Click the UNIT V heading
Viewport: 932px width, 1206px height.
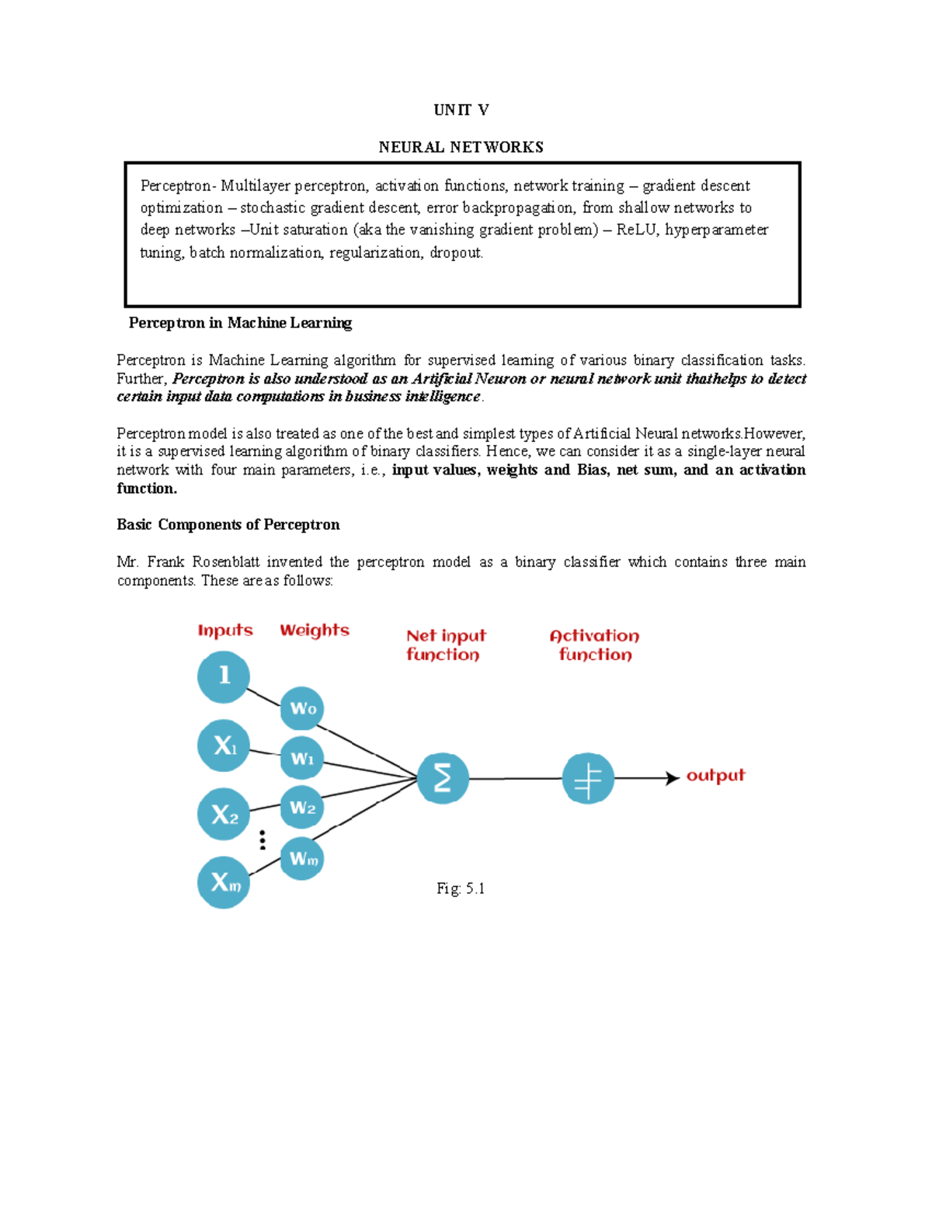click(x=461, y=110)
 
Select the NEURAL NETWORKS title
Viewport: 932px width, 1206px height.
click(x=461, y=148)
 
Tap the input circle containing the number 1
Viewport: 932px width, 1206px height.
click(x=224, y=676)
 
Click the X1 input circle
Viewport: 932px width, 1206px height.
click(x=224, y=745)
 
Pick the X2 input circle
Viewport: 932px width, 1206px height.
click(x=224, y=814)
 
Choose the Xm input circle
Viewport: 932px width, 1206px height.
click(x=224, y=882)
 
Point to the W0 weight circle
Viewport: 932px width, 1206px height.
click(x=302, y=708)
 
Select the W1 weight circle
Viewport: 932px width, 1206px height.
click(x=302, y=758)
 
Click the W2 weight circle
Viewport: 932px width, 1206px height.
click(x=302, y=808)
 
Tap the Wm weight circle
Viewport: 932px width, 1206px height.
click(x=302, y=858)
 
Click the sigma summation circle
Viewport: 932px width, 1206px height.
click(x=443, y=778)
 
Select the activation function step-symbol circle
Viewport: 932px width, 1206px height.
click(x=588, y=778)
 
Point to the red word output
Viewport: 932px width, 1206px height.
click(x=715, y=776)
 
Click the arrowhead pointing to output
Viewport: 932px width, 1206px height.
click(x=673, y=778)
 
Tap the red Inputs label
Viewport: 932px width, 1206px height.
click(x=225, y=631)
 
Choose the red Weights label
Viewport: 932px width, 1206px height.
click(x=315, y=631)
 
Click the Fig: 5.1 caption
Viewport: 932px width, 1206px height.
click(x=461, y=889)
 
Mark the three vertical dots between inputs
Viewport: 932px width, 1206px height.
click(x=263, y=839)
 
